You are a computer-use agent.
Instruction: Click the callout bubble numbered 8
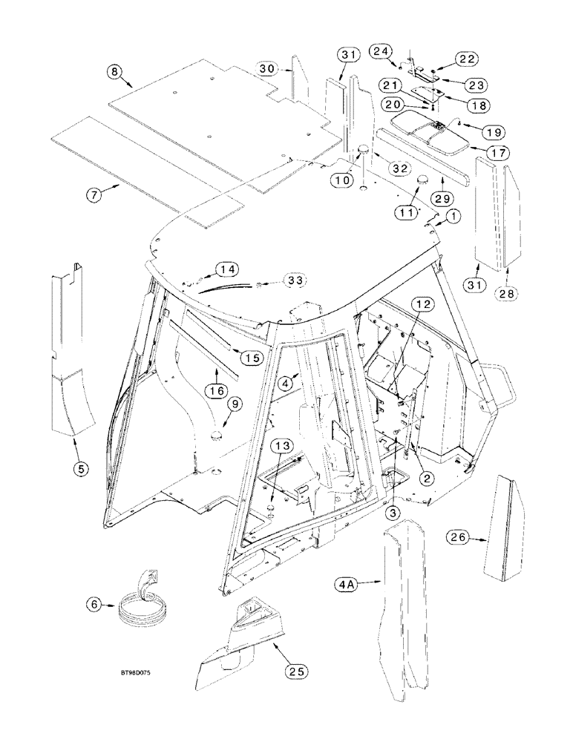114,71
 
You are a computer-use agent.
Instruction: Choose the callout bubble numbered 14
227,270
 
